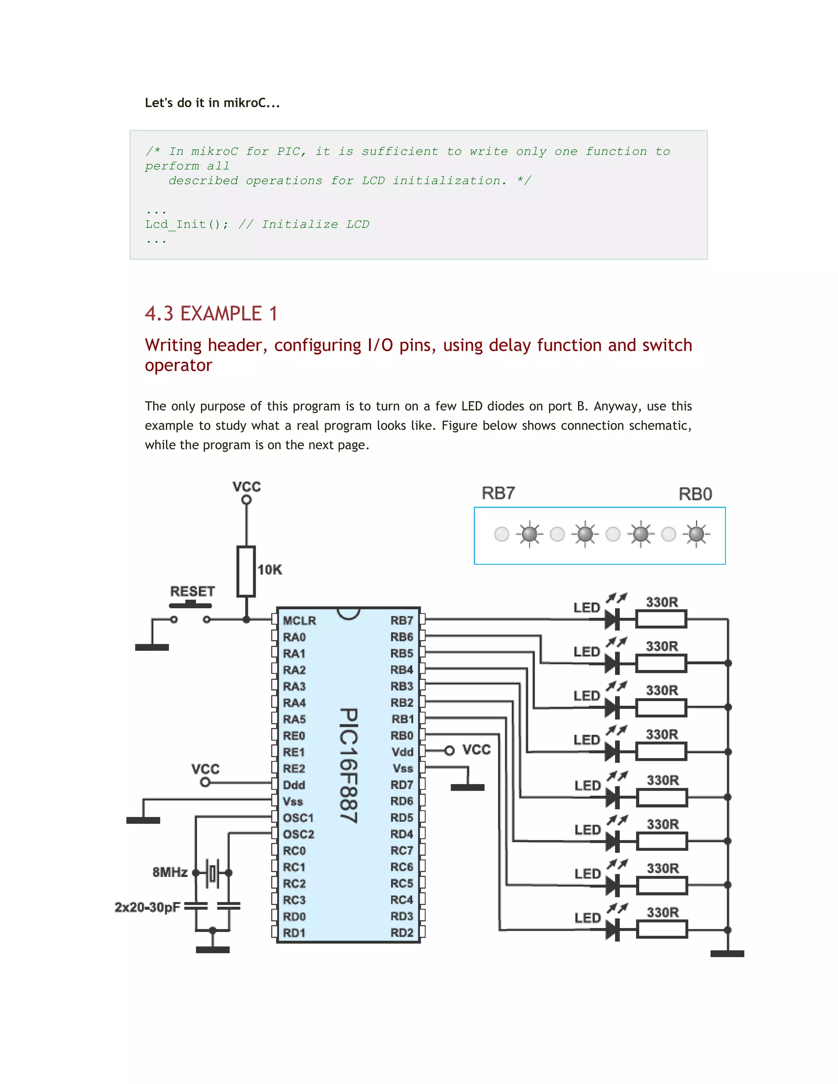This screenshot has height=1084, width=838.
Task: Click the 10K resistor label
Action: pyautogui.click(x=270, y=569)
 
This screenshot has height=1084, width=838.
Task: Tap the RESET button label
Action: pyautogui.click(x=192, y=591)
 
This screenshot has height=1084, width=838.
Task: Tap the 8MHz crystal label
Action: pyautogui.click(x=170, y=872)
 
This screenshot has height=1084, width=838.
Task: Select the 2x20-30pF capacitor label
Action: pyautogui.click(x=147, y=907)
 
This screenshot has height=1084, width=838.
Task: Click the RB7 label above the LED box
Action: pyautogui.click(x=498, y=493)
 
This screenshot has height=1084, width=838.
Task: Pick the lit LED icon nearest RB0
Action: pyautogui.click(x=696, y=534)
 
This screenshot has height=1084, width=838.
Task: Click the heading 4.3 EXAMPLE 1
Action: pyautogui.click(x=211, y=314)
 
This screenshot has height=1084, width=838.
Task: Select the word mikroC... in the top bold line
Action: pyautogui.click(x=252, y=103)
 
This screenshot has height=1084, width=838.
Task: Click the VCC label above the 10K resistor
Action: pyautogui.click(x=246, y=486)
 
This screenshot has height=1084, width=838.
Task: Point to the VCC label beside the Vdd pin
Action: pyautogui.click(x=476, y=749)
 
